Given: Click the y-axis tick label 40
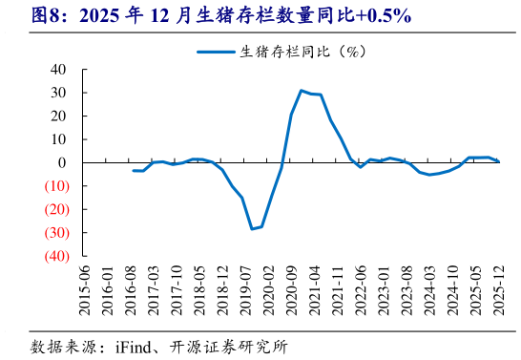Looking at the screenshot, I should click(x=59, y=70).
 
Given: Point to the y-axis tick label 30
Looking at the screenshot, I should click(x=59, y=93).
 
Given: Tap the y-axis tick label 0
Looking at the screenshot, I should click(x=63, y=162).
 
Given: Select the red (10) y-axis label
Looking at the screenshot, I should click(x=53, y=186).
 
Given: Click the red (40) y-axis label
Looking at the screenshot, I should click(x=53, y=256).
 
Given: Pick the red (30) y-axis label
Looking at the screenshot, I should click(x=53, y=232).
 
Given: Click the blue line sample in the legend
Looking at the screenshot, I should click(x=217, y=51).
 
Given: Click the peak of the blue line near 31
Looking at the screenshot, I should click(x=301, y=91).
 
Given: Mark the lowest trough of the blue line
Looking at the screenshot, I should click(x=253, y=229).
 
